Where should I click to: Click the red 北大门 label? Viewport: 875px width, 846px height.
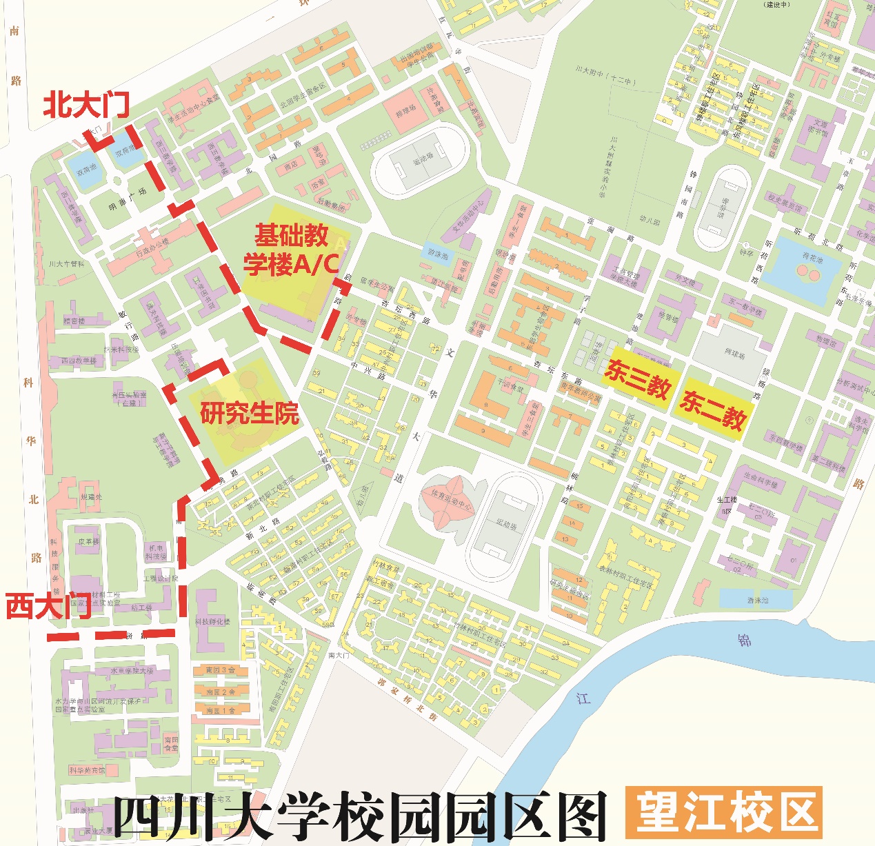point(86,105)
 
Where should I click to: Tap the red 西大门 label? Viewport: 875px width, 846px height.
point(48,607)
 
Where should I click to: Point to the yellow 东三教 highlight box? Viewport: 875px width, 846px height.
point(637,379)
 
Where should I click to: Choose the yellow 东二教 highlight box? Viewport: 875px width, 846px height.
point(712,410)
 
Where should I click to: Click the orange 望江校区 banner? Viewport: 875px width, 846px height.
point(724,812)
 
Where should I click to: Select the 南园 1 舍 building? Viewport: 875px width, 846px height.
point(221,710)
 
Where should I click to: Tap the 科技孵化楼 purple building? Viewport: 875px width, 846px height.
point(212,621)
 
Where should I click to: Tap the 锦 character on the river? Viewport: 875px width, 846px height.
point(745,640)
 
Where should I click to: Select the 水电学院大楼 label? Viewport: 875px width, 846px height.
point(133,671)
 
